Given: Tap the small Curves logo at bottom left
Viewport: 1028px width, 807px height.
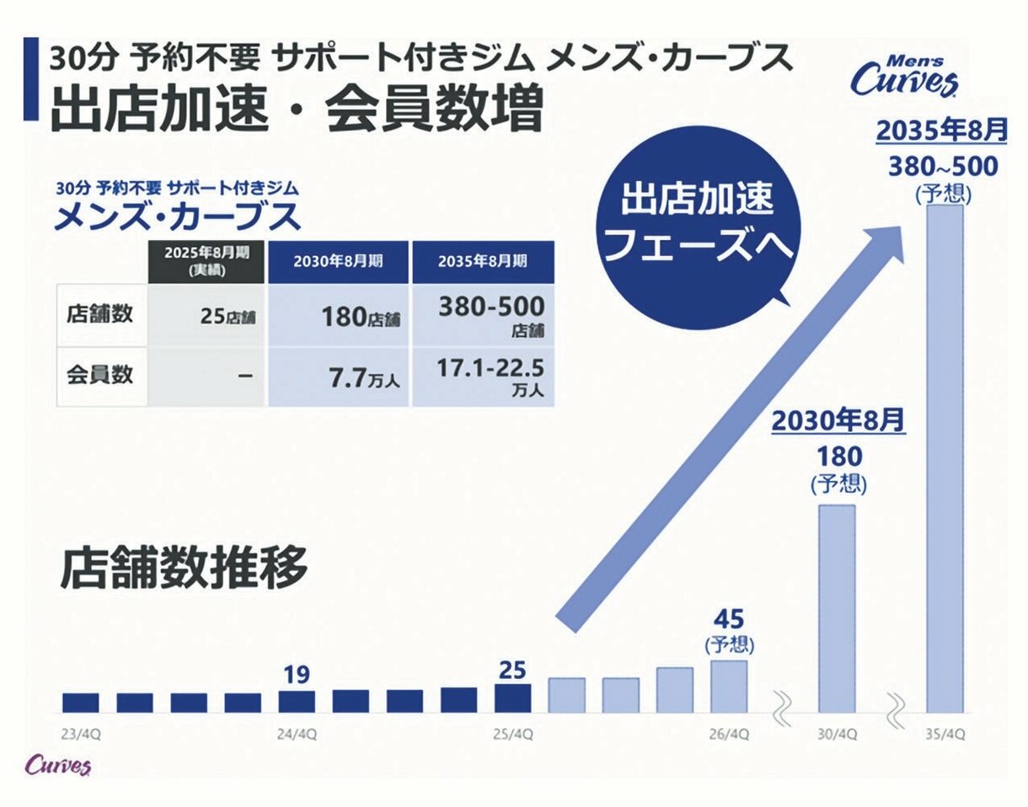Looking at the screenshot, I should pos(58,766).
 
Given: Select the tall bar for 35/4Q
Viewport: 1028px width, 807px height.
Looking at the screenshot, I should pos(945,458).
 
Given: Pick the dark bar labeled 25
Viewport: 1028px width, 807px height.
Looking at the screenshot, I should pos(512,698).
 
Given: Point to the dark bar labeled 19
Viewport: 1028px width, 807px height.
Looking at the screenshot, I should pos(297,702).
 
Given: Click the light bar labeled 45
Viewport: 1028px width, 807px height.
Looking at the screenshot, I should pos(729,686).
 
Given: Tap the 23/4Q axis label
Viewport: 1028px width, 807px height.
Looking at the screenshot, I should pos(81,734).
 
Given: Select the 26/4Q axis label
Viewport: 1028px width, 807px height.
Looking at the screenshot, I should pos(730,734).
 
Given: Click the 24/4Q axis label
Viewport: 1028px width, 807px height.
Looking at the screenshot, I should pos(297,734).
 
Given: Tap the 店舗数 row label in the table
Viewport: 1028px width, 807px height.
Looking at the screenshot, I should pos(100,315).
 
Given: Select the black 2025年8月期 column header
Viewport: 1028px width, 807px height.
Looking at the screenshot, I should pos(207,261).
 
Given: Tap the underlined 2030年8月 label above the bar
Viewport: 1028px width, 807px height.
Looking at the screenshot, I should pos(838,419).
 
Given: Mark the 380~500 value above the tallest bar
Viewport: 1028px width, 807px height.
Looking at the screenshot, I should pos(942,166).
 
